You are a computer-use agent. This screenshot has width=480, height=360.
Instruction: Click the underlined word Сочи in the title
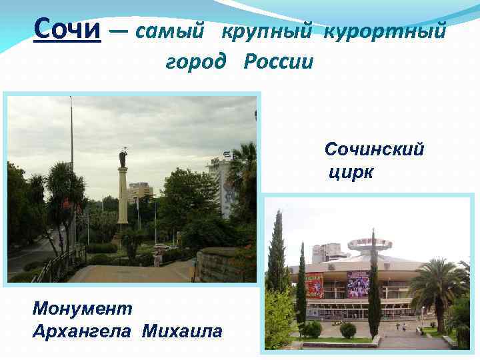point(67,29)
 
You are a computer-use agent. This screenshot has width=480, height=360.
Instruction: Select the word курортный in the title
point(385,30)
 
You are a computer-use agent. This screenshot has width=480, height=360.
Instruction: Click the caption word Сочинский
point(374,149)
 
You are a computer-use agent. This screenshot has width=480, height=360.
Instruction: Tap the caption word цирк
point(351,173)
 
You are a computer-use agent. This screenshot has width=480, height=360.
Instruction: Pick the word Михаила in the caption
point(182,331)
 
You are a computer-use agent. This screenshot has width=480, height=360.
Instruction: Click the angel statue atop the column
point(123,158)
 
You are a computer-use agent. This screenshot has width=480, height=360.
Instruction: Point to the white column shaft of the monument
point(123,197)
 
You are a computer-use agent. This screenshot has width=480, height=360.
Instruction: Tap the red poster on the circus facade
point(315,285)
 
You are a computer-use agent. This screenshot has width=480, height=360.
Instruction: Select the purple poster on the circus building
point(357,283)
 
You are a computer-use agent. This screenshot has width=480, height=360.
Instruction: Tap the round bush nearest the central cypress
point(348,329)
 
